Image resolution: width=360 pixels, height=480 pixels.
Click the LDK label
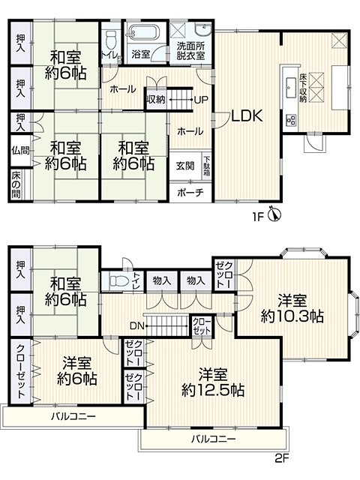247,116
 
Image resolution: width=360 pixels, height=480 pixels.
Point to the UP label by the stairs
201,100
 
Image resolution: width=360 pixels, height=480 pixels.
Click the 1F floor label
258,217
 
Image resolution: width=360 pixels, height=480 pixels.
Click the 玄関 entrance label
185,166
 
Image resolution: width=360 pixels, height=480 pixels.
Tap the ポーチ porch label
190,193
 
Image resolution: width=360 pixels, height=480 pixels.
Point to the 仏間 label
20,150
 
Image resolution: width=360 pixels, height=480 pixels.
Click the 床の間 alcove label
16,184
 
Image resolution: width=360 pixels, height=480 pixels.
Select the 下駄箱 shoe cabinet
207,166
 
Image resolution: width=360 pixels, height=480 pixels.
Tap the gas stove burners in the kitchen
291,120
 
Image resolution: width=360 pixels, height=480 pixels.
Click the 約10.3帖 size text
292,316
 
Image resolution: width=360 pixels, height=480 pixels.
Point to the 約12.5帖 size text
213,390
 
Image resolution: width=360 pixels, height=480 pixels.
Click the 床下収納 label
303,88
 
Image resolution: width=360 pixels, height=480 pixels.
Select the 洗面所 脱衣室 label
190,51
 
